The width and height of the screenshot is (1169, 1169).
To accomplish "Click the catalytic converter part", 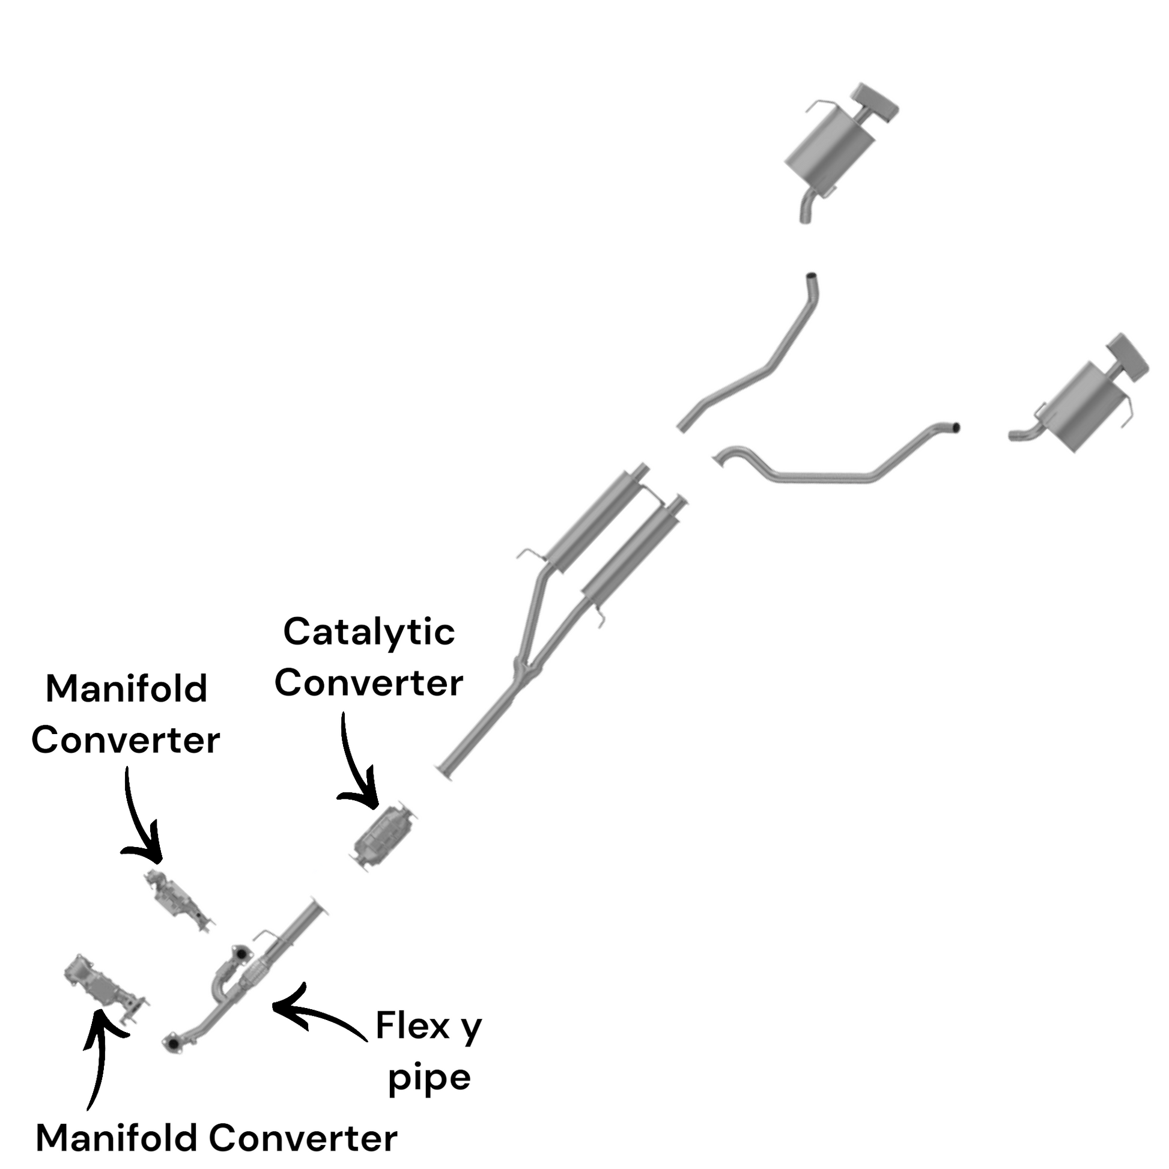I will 386,837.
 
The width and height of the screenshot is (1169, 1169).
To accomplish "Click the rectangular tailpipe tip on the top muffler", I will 874,102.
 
